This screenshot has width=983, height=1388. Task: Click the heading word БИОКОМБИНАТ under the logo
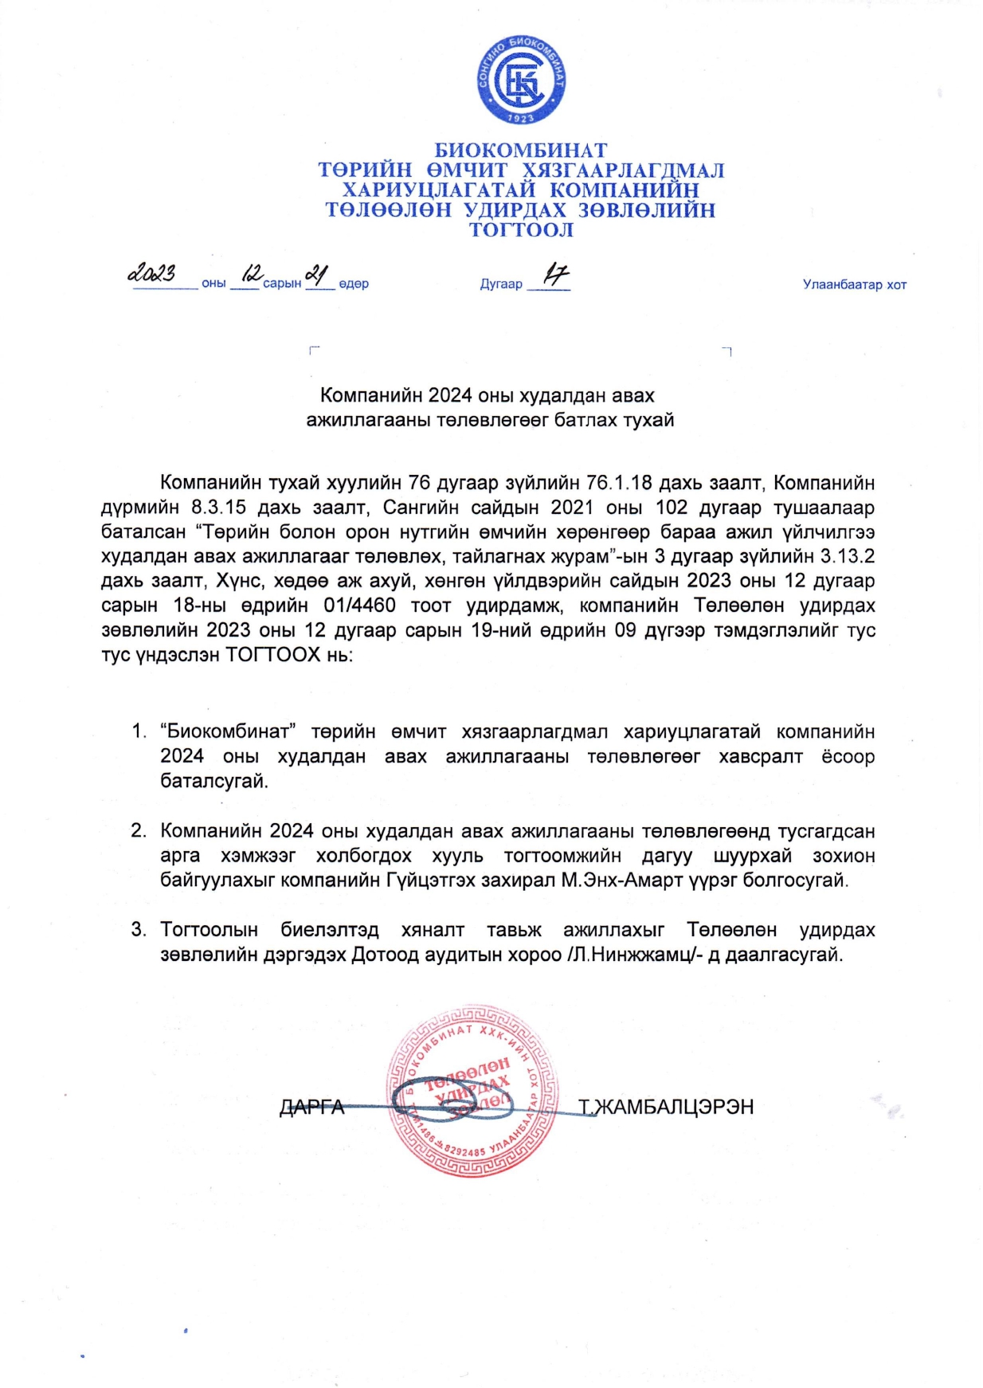coord(521,151)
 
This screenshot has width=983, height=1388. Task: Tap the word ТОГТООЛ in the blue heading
coord(521,230)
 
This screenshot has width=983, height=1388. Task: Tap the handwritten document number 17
coord(555,276)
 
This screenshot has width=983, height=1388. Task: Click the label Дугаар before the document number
coord(501,284)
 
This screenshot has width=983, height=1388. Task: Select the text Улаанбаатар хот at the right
coord(854,284)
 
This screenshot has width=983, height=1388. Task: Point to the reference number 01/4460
coord(359,606)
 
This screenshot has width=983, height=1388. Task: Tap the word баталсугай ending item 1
coord(214,781)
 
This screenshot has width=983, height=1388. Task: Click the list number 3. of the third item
coord(139,929)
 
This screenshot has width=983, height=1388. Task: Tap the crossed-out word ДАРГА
coord(311,1108)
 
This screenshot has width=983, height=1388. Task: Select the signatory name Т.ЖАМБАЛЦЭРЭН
coord(666,1107)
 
